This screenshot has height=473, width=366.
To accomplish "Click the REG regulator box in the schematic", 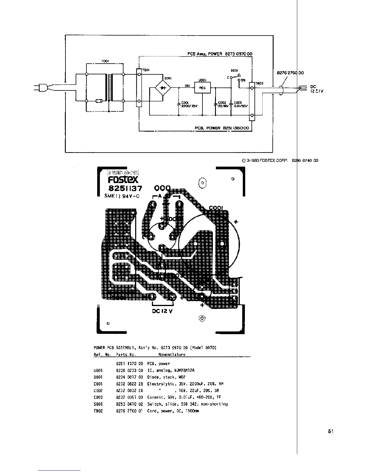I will (x=202, y=88).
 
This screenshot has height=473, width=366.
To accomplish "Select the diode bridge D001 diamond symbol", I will (x=163, y=88).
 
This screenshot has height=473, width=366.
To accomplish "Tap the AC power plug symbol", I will (x=40, y=88).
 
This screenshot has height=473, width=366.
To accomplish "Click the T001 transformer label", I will (x=105, y=61).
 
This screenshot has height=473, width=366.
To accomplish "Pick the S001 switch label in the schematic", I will (x=234, y=71).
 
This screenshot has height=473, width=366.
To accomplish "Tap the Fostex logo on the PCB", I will (x=123, y=180).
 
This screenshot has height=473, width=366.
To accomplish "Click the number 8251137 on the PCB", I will (x=125, y=189).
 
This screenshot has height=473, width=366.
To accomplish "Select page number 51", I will (x=331, y=431).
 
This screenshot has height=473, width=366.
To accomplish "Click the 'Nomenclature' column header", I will (x=172, y=354).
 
